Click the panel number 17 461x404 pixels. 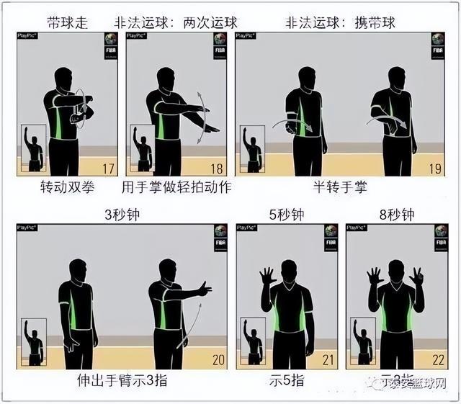(109, 169)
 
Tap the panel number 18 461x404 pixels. (216, 169)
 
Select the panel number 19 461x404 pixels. (435, 169)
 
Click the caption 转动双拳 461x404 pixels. (68, 189)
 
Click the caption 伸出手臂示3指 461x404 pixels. (121, 380)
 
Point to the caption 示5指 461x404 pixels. (286, 380)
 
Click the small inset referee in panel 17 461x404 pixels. (34, 148)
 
